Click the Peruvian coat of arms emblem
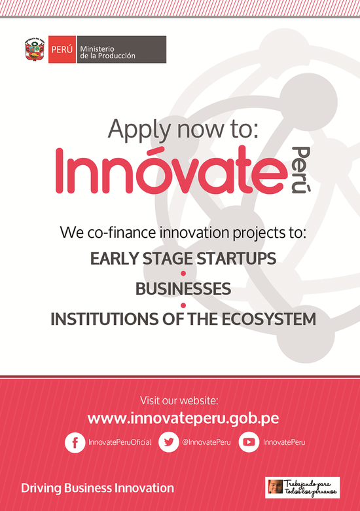coord(35,49)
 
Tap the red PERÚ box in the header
coord(62,49)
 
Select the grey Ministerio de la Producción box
coord(121,49)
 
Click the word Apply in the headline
coord(139,130)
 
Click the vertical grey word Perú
coord(300,170)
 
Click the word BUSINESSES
coord(183,289)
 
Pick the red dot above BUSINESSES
coord(183,273)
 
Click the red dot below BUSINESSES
coord(183,305)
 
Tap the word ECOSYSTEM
coord(269,319)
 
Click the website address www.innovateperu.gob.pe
coord(183,419)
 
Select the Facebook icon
coord(75,442)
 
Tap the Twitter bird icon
coord(169,442)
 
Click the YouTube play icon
coord(249,442)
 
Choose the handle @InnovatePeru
coord(206,442)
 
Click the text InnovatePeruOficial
coord(120,442)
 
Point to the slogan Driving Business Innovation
coord(98,488)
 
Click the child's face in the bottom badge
coord(276,486)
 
